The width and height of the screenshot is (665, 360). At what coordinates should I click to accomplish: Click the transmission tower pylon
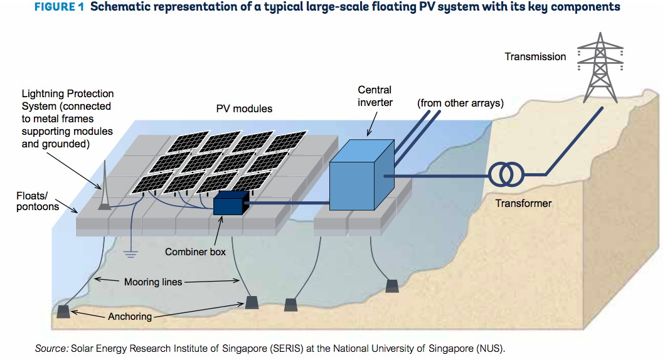point(600,67)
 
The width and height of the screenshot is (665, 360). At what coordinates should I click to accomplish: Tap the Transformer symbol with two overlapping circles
point(506,174)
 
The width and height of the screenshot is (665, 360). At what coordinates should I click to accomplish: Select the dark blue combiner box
point(231,203)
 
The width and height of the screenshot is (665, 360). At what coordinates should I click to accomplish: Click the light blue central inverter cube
point(362,175)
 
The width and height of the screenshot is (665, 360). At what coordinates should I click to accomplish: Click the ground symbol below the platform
point(130,253)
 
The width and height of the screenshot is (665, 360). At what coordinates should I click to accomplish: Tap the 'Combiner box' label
point(195,252)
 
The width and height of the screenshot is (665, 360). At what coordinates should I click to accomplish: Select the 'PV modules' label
point(244,109)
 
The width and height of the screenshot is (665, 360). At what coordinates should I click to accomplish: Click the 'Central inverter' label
point(375,96)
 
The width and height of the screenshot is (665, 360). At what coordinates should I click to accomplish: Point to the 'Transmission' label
point(535,57)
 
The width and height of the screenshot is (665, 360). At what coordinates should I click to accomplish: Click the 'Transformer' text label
point(523,204)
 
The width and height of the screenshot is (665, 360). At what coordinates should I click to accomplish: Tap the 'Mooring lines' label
point(153,282)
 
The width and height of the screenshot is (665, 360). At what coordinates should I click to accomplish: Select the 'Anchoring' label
point(130,317)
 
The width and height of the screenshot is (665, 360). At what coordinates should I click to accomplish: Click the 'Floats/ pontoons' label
point(38,201)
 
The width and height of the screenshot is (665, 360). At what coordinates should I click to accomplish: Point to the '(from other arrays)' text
point(460,103)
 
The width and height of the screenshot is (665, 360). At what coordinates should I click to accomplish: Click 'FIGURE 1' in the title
point(60,7)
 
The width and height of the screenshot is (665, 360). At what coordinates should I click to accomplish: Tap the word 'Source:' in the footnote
point(51,349)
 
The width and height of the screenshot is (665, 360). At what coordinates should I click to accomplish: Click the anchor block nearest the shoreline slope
point(392,286)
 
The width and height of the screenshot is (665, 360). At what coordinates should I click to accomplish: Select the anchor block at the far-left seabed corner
point(63,312)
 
